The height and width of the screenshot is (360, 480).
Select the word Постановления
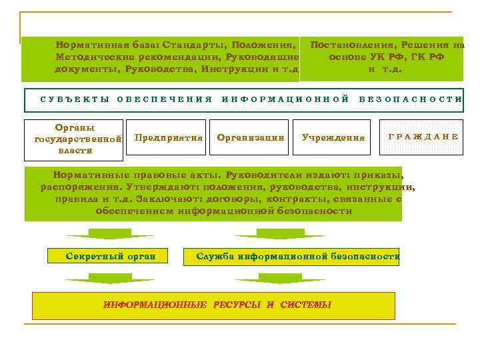(x=352, y=45)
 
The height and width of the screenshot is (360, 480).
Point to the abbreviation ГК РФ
(x=425, y=57)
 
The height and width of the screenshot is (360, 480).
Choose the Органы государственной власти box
(x=74, y=139)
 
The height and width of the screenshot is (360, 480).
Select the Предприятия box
(x=169, y=137)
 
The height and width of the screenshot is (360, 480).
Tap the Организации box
(x=251, y=137)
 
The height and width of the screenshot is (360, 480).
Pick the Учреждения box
(x=333, y=137)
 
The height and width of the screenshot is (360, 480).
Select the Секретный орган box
(x=111, y=256)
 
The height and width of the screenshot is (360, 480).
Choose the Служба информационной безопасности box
(x=298, y=256)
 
